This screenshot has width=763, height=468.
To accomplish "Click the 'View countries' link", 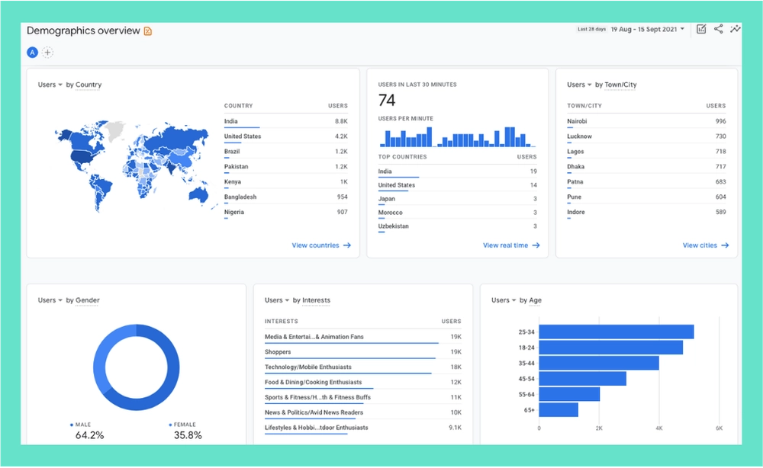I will (x=320, y=245).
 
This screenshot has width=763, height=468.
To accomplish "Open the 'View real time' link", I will (x=510, y=245).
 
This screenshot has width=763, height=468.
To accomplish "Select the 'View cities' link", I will (x=705, y=245).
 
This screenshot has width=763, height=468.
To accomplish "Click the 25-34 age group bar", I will (x=616, y=332).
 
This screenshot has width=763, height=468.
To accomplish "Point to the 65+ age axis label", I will (x=528, y=410).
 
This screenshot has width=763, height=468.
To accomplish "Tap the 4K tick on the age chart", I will (x=658, y=429).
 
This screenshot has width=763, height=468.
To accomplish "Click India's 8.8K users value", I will (x=340, y=121).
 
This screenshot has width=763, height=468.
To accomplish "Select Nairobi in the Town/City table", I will (x=577, y=121).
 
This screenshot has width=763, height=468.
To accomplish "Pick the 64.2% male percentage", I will (x=89, y=435).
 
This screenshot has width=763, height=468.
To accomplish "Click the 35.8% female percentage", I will (x=188, y=435).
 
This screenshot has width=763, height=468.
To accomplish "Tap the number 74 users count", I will (x=387, y=101).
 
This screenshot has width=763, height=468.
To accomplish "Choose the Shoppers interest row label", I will (x=278, y=352).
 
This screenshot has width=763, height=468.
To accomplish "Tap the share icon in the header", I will (x=718, y=29).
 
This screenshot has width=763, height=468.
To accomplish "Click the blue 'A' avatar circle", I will (x=32, y=53).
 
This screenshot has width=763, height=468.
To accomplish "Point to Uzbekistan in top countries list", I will (x=394, y=226).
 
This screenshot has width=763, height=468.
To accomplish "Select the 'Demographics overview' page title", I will (x=83, y=30).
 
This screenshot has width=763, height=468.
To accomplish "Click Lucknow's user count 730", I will (x=720, y=136).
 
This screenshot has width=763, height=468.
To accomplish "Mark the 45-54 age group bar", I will (x=582, y=378).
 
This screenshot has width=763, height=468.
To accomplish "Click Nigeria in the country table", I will (x=234, y=212).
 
